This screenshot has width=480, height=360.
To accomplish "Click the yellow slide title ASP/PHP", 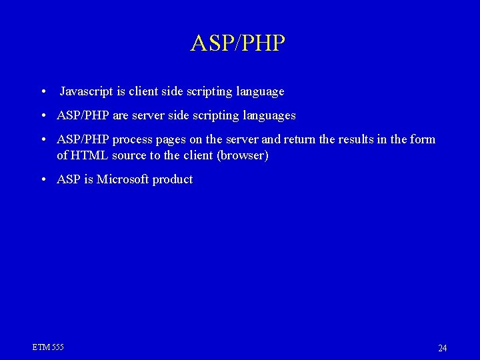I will (x=238, y=43).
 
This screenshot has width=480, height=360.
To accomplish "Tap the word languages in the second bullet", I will (x=269, y=115).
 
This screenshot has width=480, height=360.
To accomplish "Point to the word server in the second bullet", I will (x=151, y=115).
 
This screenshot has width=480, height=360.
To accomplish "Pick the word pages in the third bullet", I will (x=173, y=140).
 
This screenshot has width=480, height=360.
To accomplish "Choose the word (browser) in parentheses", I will (x=239, y=155).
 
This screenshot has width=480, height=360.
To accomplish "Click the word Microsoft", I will (x=123, y=179).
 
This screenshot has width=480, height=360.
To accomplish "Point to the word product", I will (x=173, y=180).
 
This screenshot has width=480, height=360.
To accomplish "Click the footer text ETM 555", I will (x=48, y=347).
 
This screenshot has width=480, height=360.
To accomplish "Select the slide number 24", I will (x=443, y=348).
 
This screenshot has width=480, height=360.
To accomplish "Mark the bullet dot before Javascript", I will (x=43, y=92).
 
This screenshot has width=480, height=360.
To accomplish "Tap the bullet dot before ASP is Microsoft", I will (x=43, y=180).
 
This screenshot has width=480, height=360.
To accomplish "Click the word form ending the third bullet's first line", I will (x=423, y=139).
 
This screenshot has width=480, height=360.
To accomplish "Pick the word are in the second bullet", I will (x=121, y=116).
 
